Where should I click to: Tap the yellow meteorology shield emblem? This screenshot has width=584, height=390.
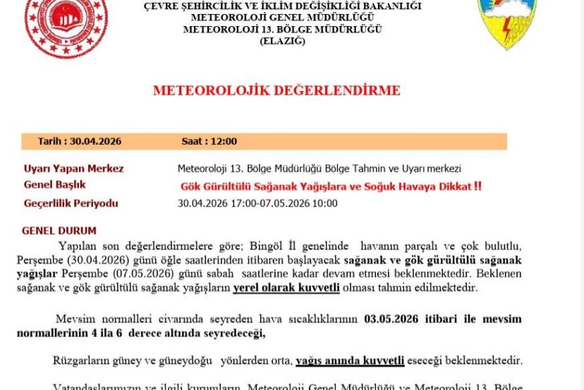(x=507, y=21)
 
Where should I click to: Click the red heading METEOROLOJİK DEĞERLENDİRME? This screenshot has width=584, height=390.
(x=276, y=90)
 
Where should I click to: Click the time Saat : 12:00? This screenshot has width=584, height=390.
(x=209, y=141)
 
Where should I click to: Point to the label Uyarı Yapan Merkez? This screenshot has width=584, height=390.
(x=74, y=168)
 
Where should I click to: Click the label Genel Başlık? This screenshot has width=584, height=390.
(x=55, y=185)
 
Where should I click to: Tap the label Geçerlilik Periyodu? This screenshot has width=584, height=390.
(x=71, y=203)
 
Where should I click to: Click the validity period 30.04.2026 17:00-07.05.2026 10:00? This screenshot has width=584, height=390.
(x=257, y=203)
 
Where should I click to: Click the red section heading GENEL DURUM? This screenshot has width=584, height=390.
(x=59, y=231)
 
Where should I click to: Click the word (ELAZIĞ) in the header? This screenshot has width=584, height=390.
(x=282, y=41)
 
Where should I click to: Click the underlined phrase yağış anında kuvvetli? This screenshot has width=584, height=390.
(x=350, y=360)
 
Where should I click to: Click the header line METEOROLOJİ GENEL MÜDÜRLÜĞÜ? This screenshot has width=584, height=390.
(x=282, y=18)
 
